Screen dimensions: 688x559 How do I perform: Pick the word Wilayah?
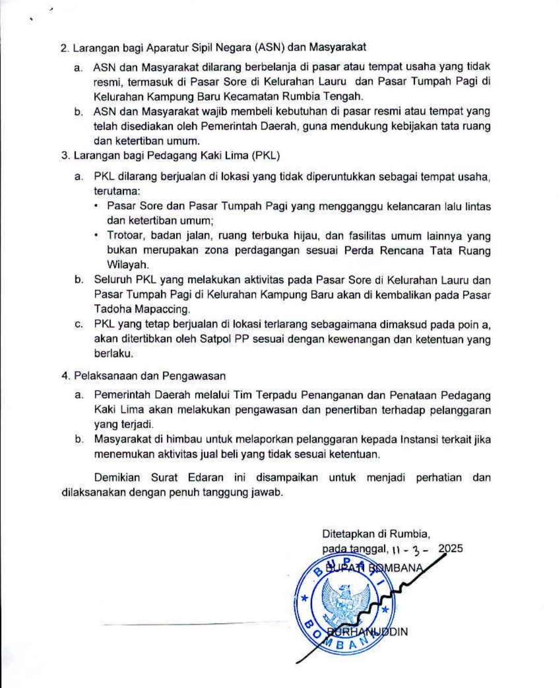click(x=128, y=265)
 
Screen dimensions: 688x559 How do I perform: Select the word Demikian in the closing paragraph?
click(x=117, y=477)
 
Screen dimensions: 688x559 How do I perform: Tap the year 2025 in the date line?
click(x=450, y=549)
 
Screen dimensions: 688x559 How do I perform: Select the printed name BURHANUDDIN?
click(x=368, y=632)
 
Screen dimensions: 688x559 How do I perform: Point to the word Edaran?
click(x=206, y=477)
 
